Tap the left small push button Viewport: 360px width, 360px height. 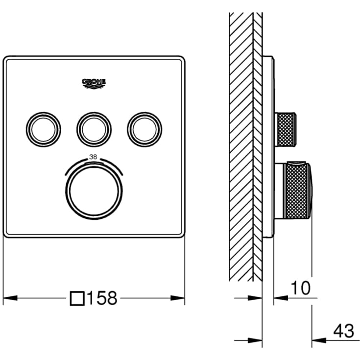click(44, 129)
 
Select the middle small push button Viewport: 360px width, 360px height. click(94, 129)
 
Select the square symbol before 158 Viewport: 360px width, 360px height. click(77, 298)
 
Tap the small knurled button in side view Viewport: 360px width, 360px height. click(286, 129)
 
